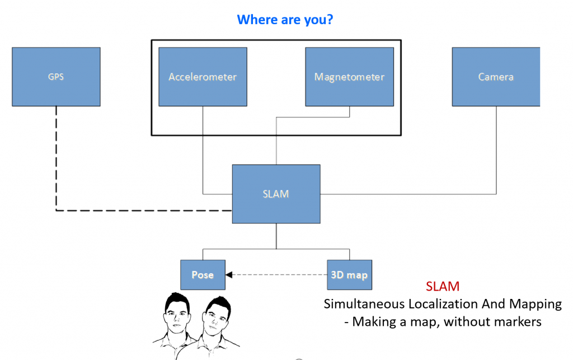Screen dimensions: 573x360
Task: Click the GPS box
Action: coord(56,77)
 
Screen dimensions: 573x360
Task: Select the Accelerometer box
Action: coord(203,77)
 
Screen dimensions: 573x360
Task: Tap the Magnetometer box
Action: coord(350,77)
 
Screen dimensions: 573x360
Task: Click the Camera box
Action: coord(496,77)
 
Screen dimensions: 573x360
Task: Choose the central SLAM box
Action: coord(276,194)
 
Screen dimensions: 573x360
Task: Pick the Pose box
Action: coord(203,275)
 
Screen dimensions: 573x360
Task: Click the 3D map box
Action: coord(349,275)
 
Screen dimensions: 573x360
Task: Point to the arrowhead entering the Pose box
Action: coord(229,275)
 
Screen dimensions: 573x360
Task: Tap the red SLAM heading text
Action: coord(443,287)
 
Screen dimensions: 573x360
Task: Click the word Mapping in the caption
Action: coord(536,305)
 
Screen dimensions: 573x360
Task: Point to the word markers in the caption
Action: coord(517,322)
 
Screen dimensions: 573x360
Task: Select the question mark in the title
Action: coord(330,20)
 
